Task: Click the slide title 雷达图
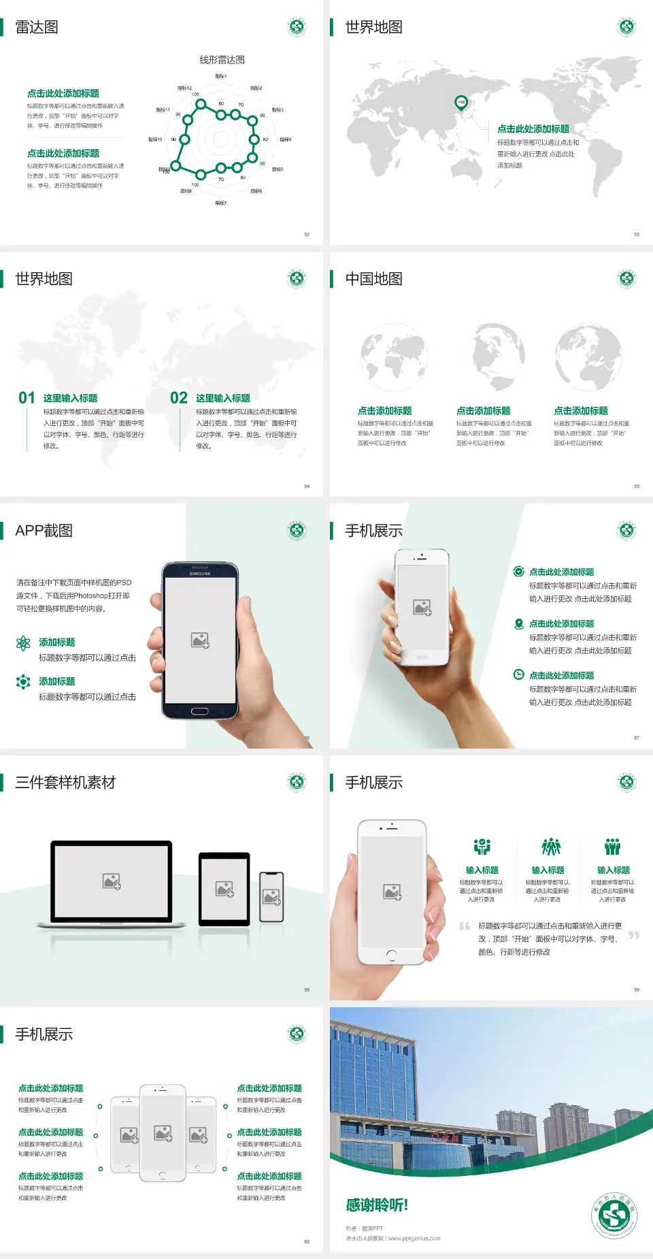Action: tap(37, 27)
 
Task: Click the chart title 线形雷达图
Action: tap(222, 60)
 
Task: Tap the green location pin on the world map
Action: tap(461, 103)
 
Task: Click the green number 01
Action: tap(27, 397)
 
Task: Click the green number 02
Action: tap(179, 397)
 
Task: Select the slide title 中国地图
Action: tap(373, 279)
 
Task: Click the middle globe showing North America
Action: tap(491, 357)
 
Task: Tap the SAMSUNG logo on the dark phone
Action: tap(200, 574)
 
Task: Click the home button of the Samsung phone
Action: tap(199, 711)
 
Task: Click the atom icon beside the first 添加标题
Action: tap(23, 643)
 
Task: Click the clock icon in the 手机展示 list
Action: tap(518, 674)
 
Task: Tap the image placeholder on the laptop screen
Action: tap(112, 881)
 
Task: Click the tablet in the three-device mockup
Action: tap(224, 888)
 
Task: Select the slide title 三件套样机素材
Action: tap(65, 783)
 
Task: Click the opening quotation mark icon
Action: tap(465, 926)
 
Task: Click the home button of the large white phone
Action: tap(391, 955)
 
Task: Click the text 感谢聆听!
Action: tap(377, 1205)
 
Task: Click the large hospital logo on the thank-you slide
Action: tap(614, 1215)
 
